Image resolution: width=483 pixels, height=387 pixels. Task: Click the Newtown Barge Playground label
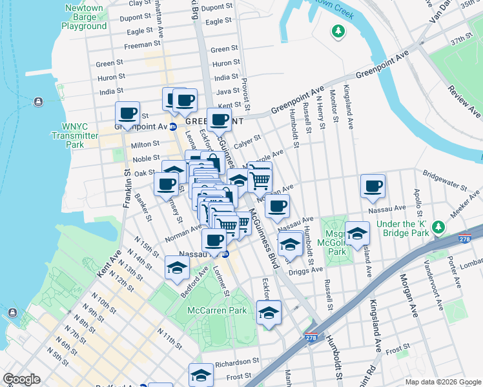click(x=84, y=17)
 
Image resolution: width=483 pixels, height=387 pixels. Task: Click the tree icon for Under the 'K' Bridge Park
click(x=438, y=227)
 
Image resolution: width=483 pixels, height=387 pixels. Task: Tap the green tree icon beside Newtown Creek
click(x=337, y=30)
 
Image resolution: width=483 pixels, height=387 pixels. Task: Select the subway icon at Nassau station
click(x=225, y=254)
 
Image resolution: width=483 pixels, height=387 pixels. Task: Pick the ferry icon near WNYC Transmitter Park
click(x=37, y=101)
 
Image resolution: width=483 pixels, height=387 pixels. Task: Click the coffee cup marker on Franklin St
click(x=128, y=114)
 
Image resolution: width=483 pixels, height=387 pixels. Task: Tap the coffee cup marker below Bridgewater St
click(x=373, y=186)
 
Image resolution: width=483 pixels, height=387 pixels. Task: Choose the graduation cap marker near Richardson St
click(x=201, y=375)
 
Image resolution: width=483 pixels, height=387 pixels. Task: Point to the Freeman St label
click(x=142, y=45)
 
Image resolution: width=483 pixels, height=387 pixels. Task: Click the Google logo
click(x=22, y=379)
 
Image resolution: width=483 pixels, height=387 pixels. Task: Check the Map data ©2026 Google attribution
click(x=442, y=382)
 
